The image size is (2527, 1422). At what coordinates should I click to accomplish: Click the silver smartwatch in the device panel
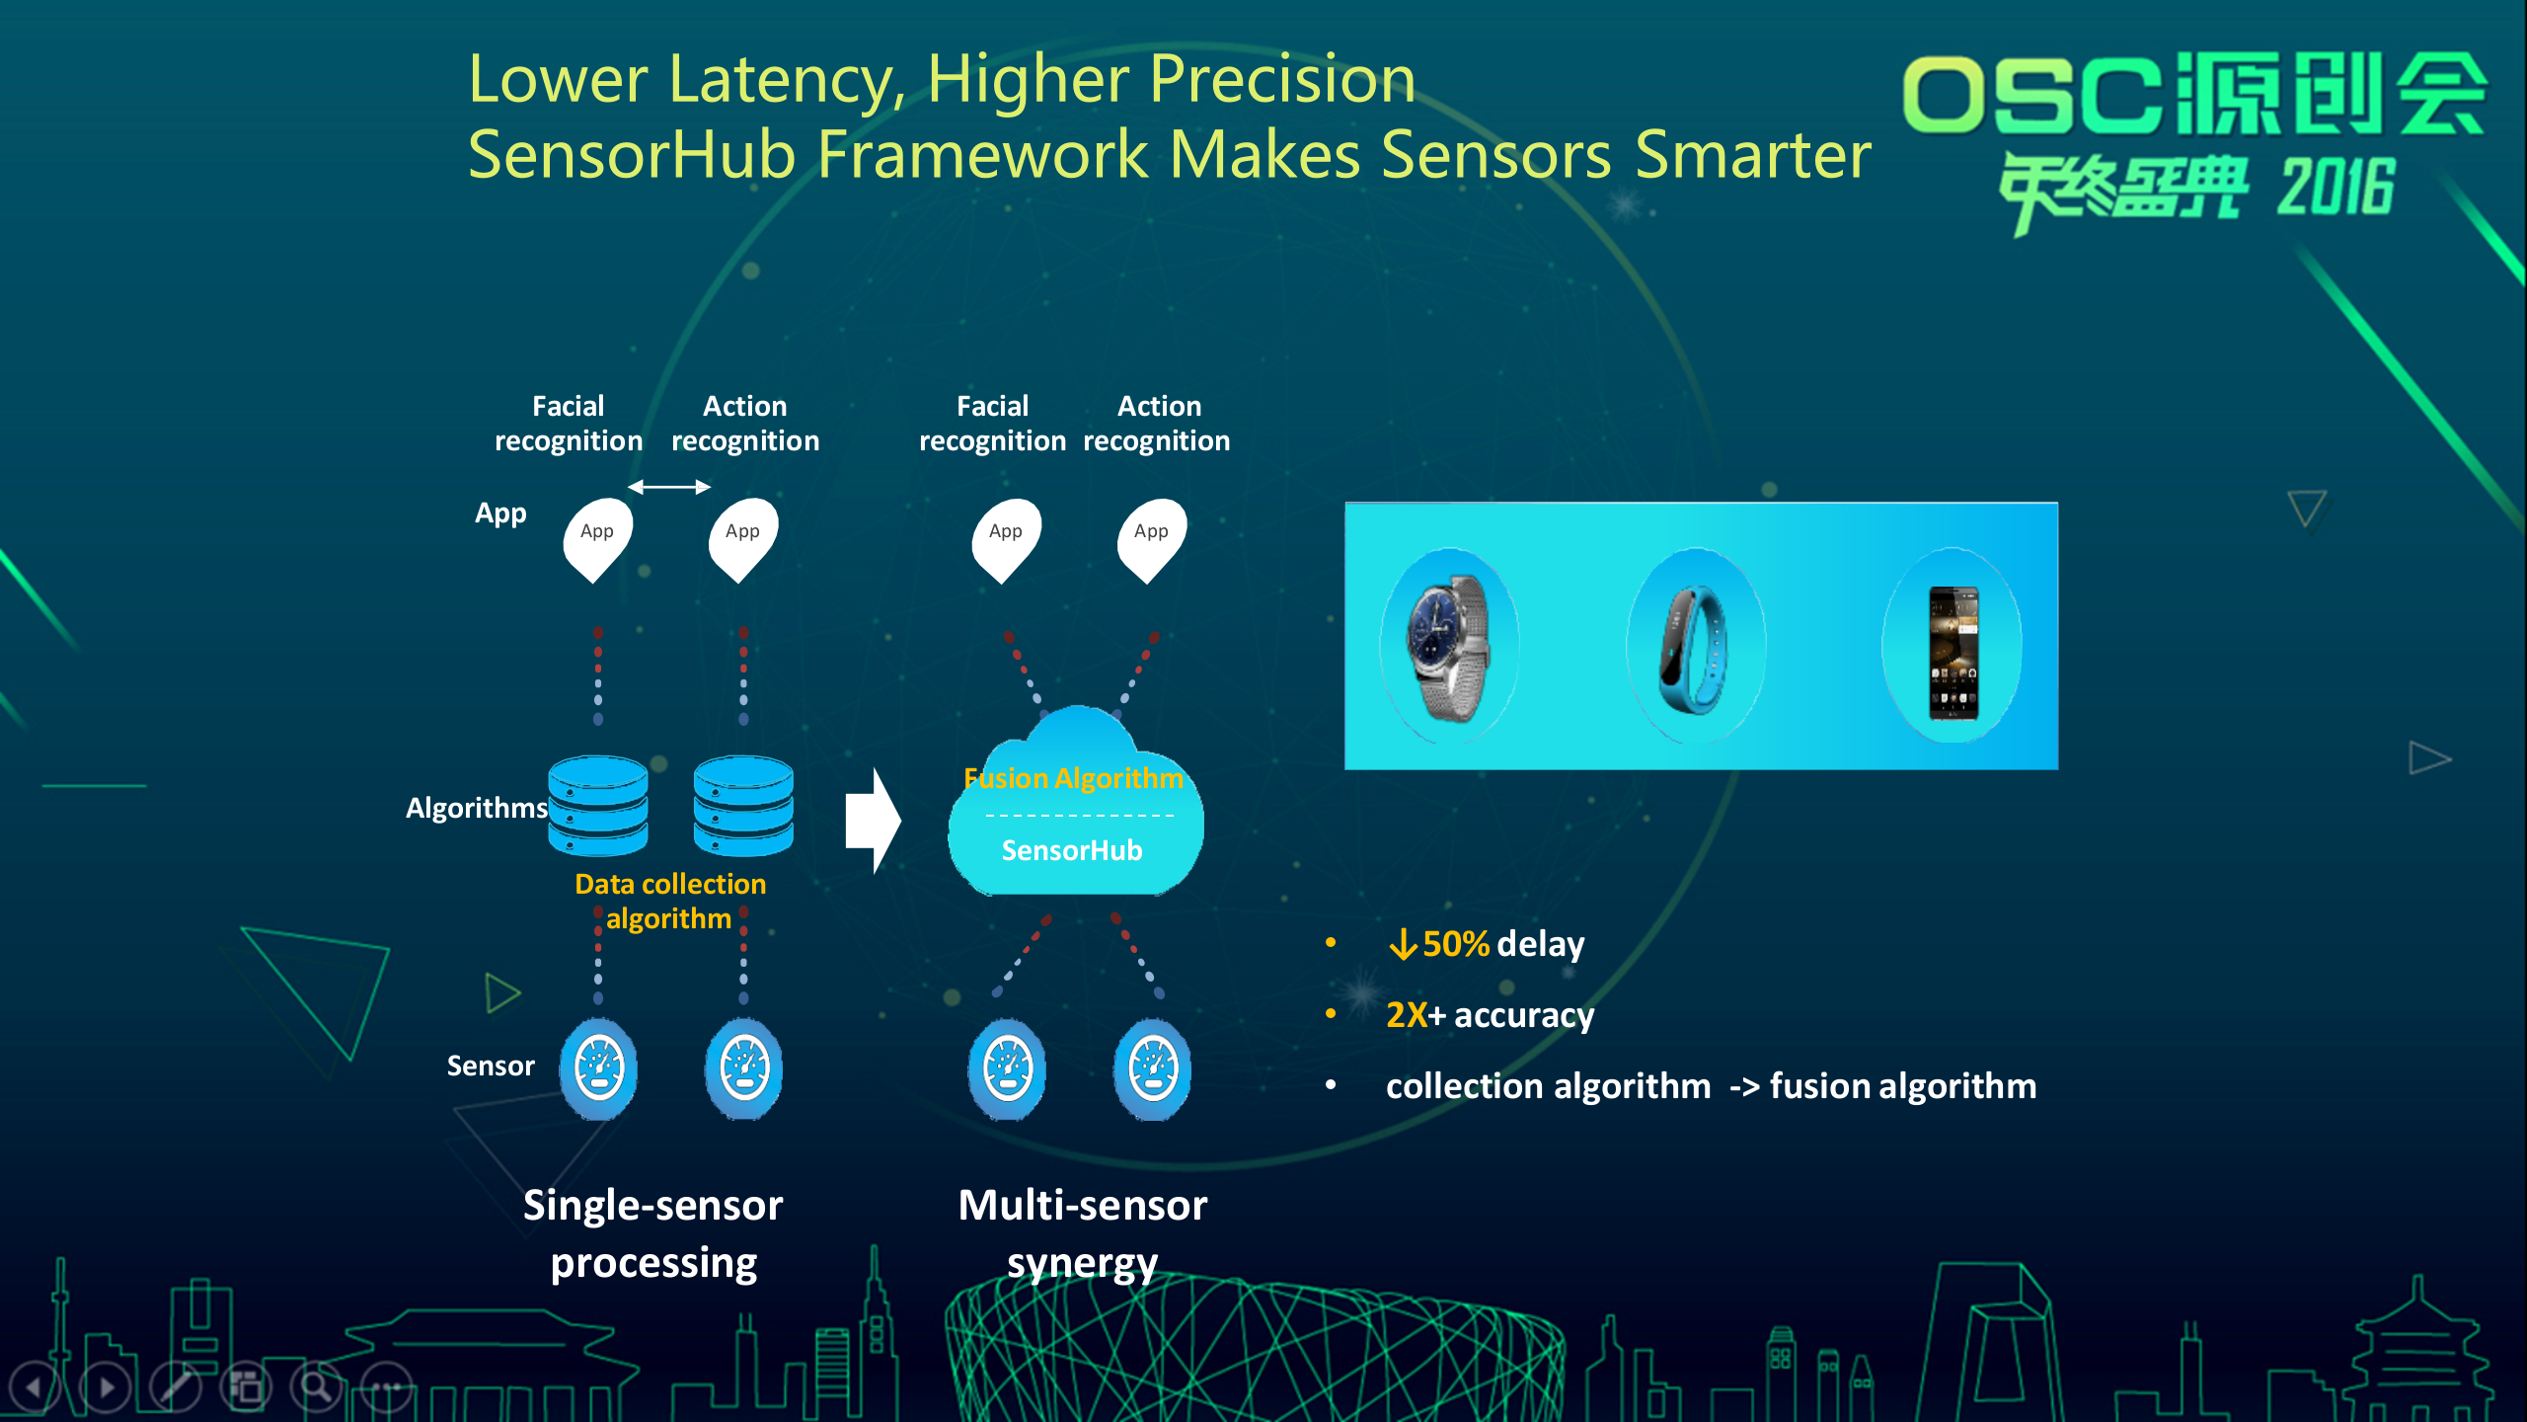coord(1449,648)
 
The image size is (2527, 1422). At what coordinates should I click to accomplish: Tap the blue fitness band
coord(1694,648)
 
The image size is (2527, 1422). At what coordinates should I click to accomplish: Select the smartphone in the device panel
coord(1953,652)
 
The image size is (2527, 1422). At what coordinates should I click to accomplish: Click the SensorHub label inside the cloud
coord(1072,850)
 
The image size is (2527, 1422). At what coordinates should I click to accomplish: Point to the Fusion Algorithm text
coord(1073,778)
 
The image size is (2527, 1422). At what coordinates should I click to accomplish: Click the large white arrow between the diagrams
coord(873,821)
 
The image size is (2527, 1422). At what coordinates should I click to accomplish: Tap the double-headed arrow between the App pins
coord(669,487)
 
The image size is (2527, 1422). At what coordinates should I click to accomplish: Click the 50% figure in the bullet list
coord(1455,944)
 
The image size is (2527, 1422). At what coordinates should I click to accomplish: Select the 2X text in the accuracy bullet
coord(1406,1015)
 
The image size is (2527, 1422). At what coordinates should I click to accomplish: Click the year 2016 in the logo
coord(2336,187)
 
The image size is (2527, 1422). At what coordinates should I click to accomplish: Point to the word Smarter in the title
coord(1753,155)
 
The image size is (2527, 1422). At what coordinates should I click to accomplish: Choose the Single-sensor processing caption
coord(653,1234)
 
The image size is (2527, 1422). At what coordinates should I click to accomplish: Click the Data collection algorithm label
coord(670,901)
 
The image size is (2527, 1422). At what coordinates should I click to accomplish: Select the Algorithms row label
coord(477,808)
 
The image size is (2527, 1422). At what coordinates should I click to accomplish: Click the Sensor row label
coord(491,1066)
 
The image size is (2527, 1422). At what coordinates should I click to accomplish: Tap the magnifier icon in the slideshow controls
coord(317,1386)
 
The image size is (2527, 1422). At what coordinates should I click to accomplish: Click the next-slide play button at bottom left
coord(106,1386)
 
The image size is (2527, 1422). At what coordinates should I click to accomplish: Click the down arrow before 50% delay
coord(1402,945)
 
